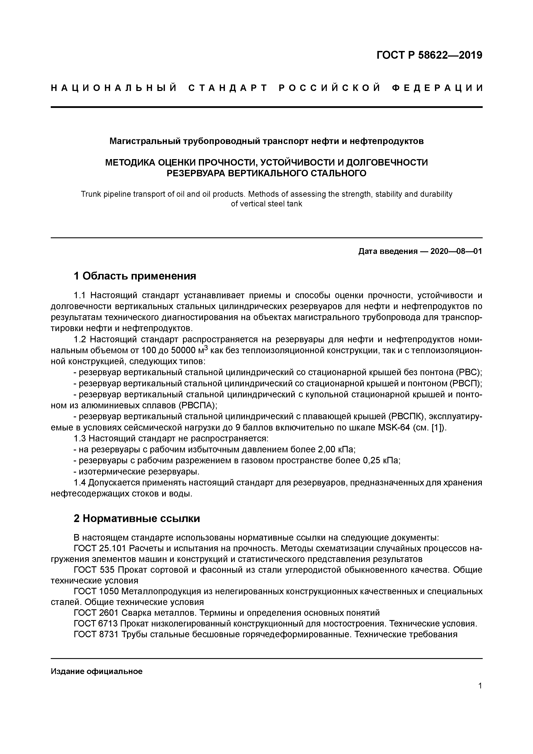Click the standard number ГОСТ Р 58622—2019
(429, 55)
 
